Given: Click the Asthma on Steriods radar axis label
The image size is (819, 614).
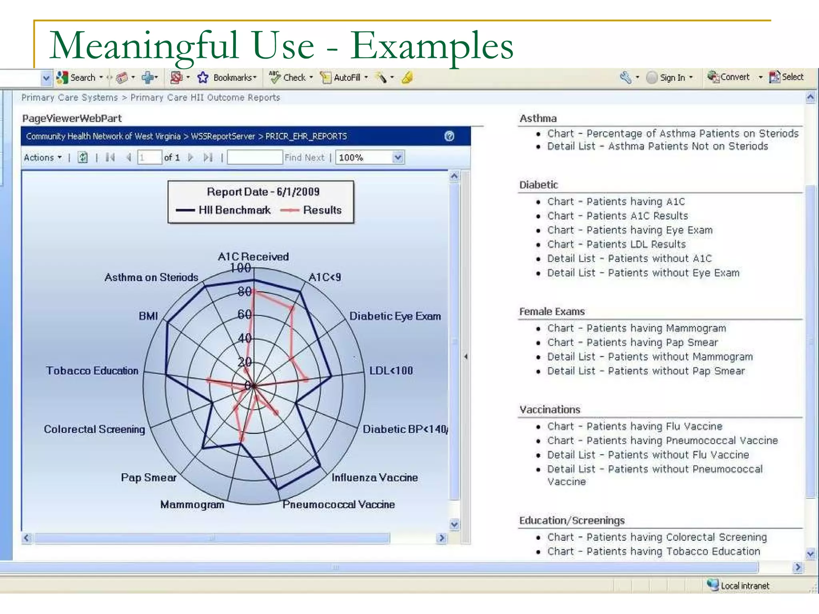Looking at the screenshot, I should pos(151,277).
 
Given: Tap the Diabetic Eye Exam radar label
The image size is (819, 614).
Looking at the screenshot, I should pos(395,316).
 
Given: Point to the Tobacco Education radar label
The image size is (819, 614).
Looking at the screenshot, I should pos(92,371).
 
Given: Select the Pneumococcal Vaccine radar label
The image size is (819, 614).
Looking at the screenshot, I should pos(338,504).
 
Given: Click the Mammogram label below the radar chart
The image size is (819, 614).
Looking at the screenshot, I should pos(192,504).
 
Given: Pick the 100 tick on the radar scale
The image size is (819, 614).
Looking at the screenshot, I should pos(240,268).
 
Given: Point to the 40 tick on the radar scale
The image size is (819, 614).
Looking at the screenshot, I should pos(244,338).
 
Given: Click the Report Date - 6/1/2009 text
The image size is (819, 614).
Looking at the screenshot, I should pos(263,192).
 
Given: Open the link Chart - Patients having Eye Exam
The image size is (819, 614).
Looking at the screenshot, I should pos(630,230).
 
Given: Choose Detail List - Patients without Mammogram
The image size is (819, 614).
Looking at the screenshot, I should pos(650,357).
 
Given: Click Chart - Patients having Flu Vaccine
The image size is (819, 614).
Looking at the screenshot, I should pos(635,426).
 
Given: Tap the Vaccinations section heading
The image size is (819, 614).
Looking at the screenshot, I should pos(549,409).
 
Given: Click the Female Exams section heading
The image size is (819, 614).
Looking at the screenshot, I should pos(552,311).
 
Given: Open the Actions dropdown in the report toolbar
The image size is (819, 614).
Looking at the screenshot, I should pos(42,157).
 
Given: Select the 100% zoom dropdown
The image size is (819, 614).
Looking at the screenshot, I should pos(370,157).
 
